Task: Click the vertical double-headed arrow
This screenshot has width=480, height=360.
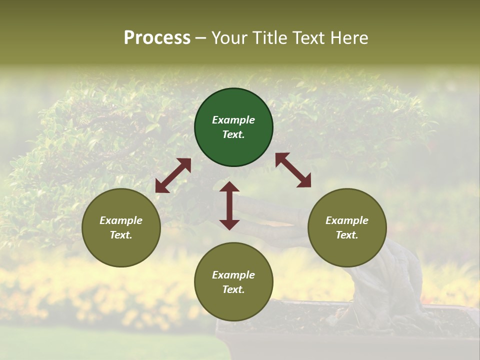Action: (x=229, y=205)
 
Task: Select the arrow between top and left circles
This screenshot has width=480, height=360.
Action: (x=173, y=175)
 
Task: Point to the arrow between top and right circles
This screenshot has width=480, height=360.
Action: (x=293, y=170)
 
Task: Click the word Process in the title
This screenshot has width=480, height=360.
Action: (x=157, y=38)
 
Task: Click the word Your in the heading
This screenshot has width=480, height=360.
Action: (x=230, y=38)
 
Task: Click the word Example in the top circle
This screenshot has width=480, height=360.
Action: (x=233, y=120)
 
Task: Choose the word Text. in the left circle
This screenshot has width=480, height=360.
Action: (x=121, y=235)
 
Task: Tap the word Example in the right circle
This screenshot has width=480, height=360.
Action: (x=347, y=220)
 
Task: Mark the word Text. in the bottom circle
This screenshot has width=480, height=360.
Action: (x=233, y=289)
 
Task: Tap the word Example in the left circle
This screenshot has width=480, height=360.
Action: (x=121, y=220)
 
